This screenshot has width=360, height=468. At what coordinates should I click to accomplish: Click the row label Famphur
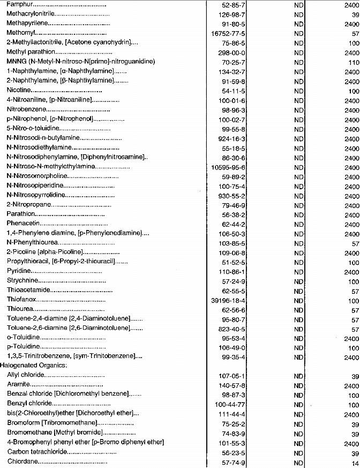19,5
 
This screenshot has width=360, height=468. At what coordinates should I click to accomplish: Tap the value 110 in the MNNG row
351,62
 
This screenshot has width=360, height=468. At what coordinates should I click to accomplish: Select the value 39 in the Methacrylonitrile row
353,14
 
